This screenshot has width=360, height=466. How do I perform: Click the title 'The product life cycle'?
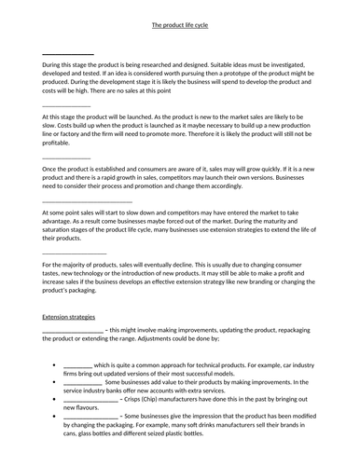click(x=179, y=18)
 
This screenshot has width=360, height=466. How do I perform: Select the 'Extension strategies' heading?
click(x=72, y=318)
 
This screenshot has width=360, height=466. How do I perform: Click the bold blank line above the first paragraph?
click(x=68, y=53)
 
